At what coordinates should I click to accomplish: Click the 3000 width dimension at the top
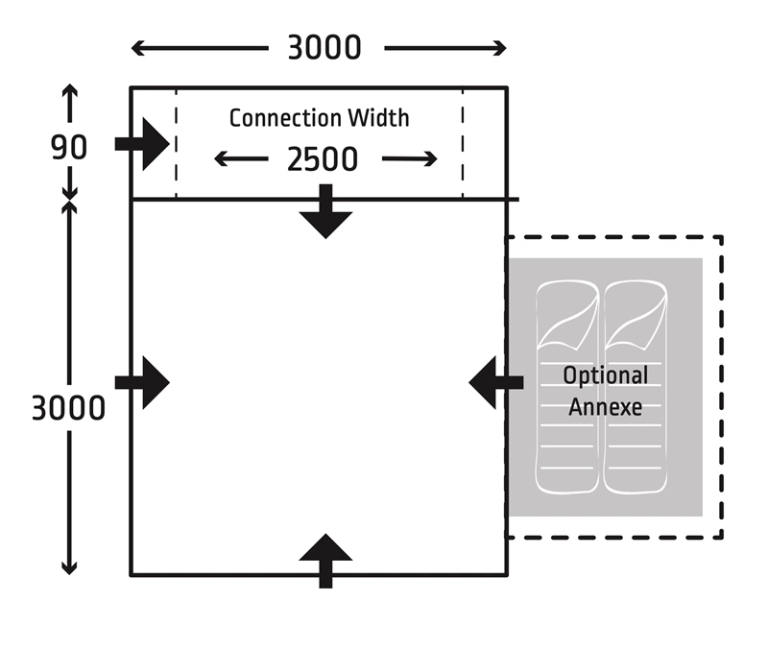[324, 48]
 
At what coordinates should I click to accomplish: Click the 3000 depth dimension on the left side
[67, 407]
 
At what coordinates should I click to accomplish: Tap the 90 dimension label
[69, 148]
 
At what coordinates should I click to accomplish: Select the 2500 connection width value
[323, 159]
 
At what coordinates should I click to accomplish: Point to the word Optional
[605, 375]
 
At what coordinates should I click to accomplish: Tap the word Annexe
[605, 406]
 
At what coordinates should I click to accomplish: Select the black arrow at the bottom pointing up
[325, 559]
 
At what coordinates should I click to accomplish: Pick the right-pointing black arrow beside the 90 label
[143, 144]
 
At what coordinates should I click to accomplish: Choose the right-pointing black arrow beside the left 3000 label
[143, 382]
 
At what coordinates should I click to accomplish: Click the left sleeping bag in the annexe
[568, 384]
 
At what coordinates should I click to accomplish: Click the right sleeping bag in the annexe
[636, 384]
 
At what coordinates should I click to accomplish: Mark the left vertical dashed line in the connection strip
[176, 144]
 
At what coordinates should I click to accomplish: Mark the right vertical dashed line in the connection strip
[463, 144]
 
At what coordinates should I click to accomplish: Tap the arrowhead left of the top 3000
[136, 48]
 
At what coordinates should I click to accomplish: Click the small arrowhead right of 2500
[431, 159]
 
